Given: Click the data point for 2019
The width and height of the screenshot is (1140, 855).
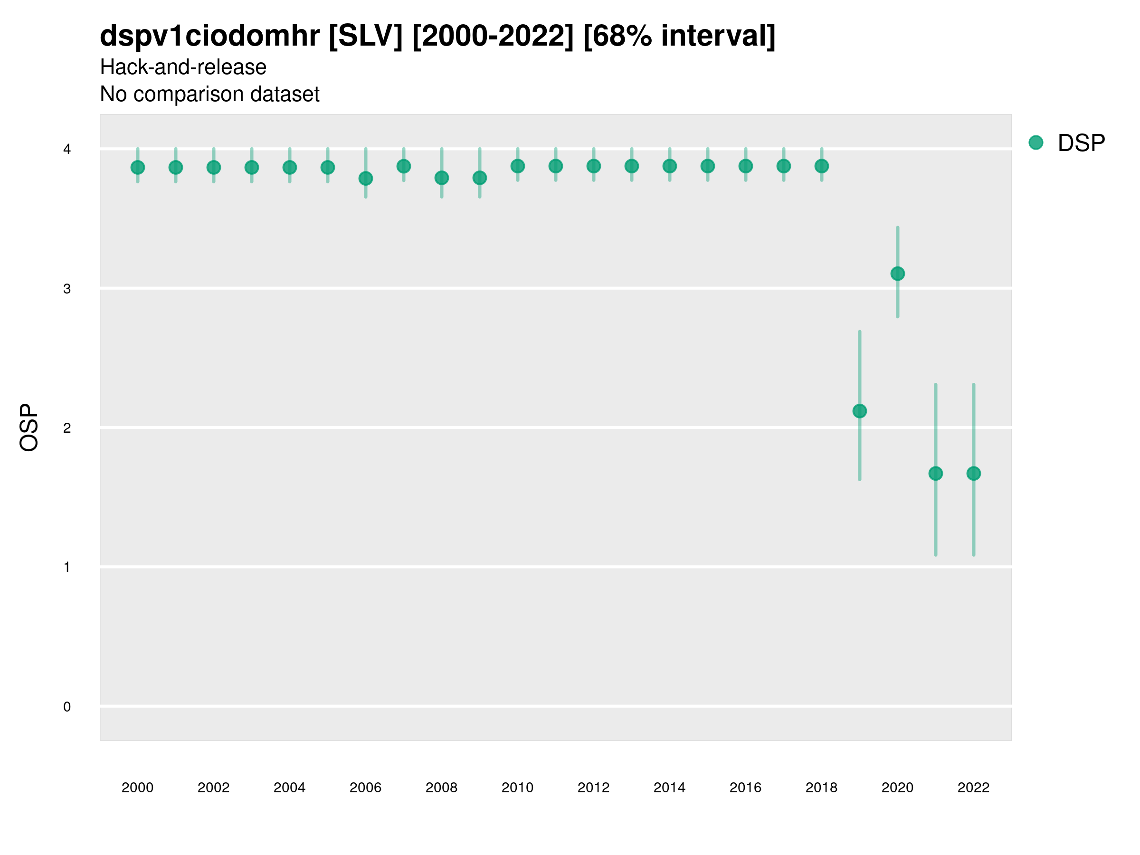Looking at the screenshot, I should point(860,411).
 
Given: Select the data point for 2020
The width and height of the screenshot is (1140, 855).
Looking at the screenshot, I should point(897,273).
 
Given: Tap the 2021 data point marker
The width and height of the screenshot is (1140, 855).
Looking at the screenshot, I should point(935,473).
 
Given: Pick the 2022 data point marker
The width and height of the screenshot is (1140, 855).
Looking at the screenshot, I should point(974,473).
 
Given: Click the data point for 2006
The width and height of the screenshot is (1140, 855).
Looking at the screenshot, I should point(365,178).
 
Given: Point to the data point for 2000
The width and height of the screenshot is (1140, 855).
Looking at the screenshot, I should point(138,168).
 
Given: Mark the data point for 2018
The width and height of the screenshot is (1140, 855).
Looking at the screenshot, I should point(821,166).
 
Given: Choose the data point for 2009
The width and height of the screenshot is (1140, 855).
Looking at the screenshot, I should point(479,178).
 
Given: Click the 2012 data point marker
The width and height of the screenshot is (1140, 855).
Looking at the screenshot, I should point(594,166).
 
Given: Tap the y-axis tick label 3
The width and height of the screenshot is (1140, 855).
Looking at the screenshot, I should point(67,289).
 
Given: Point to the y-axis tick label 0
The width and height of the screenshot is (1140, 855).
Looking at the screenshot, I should point(67,707).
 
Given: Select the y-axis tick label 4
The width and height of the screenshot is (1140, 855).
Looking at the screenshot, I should point(67,150).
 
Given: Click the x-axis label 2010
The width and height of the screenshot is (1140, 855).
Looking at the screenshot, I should point(517,788).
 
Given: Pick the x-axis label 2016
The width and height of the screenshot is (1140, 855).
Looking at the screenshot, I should point(745,788).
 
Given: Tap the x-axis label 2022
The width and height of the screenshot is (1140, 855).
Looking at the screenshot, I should point(974,788).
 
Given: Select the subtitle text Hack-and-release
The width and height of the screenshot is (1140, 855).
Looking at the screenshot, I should point(183,67).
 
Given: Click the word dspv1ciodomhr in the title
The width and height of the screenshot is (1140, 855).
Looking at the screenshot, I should point(210,36).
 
